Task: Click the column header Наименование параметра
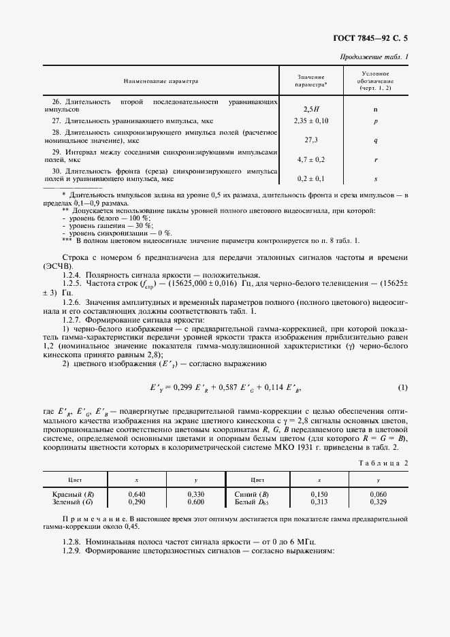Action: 161,81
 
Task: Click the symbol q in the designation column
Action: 375,140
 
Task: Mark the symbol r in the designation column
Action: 375,159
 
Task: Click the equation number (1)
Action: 402,388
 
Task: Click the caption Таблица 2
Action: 383,463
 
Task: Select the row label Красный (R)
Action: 73,493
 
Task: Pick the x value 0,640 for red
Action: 137,493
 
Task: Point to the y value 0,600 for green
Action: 195,502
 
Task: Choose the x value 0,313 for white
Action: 319,502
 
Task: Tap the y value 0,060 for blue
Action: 378,493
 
